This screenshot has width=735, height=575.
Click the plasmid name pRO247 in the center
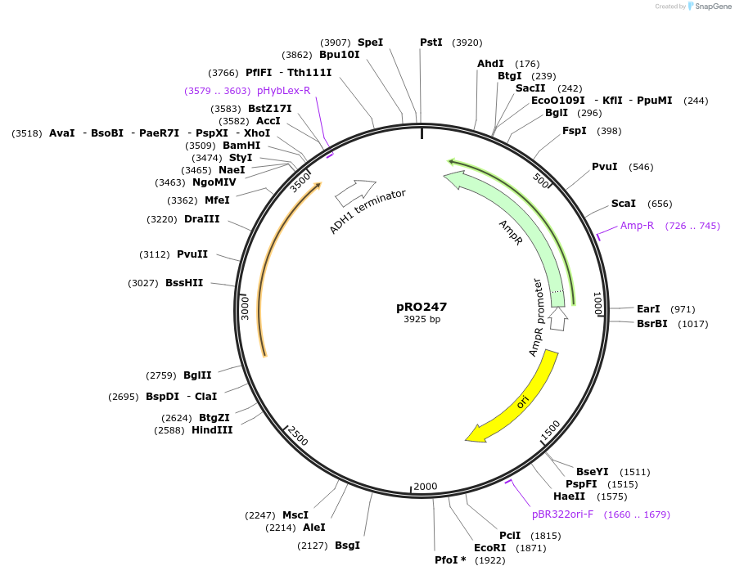[422, 307]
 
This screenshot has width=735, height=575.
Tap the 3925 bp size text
[422, 320]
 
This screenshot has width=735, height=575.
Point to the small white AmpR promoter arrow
[558, 319]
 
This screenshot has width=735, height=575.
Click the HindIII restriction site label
[212, 429]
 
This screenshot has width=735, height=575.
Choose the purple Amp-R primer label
[637, 225]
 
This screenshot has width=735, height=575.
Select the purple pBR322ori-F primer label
[563, 514]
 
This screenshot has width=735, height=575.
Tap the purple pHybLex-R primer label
[283, 90]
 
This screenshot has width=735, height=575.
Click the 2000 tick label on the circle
[426, 487]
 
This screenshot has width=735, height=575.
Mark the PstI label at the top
[431, 42]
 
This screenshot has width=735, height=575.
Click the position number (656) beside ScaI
[660, 204]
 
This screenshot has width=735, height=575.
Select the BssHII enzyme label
[184, 283]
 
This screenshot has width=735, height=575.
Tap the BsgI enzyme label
[347, 545]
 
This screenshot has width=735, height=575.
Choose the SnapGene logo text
[713, 7]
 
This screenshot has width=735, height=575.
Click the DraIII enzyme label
[201, 219]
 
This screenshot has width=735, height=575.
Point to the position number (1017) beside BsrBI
[692, 323]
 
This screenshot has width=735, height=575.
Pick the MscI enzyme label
[295, 514]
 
